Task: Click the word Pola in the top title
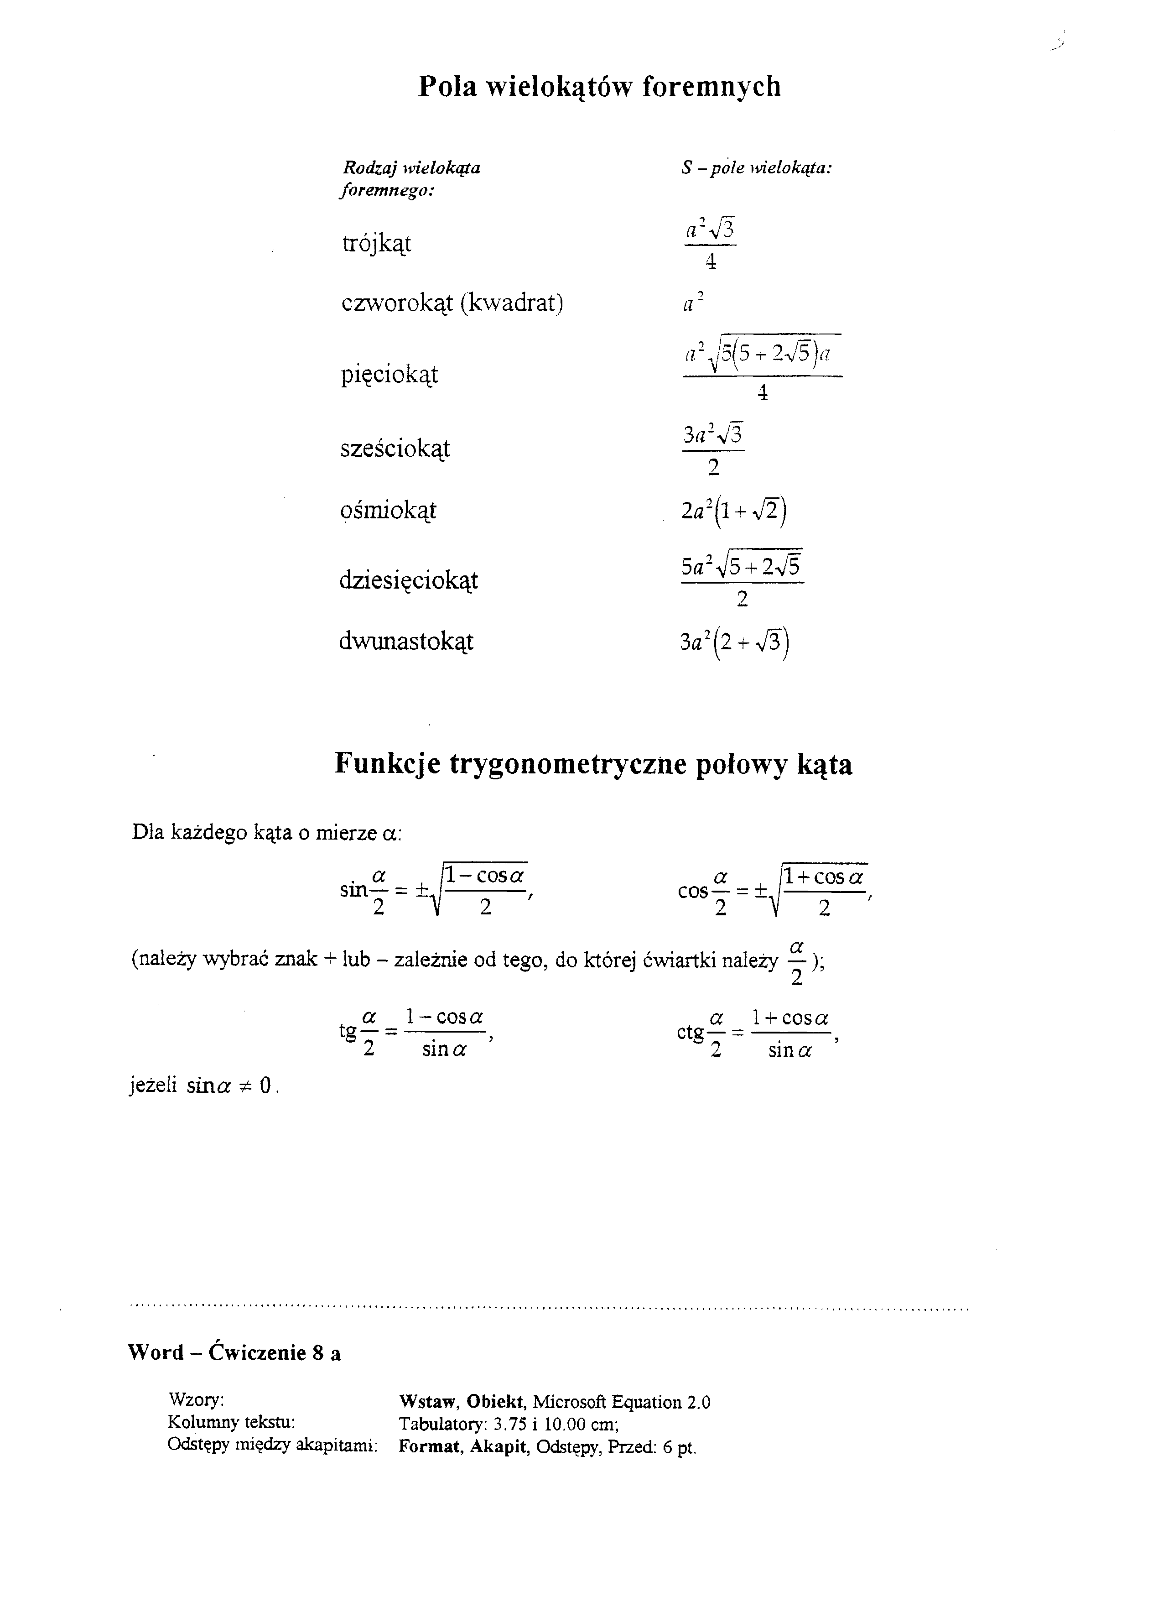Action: pos(448,87)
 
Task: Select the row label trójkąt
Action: pos(377,244)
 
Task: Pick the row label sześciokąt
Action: pos(395,449)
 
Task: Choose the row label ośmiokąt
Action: pos(388,510)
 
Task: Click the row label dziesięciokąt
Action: pos(408,580)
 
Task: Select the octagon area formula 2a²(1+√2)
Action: pos(733,511)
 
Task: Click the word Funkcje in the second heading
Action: pos(387,764)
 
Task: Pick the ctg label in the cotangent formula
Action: pos(690,1032)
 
